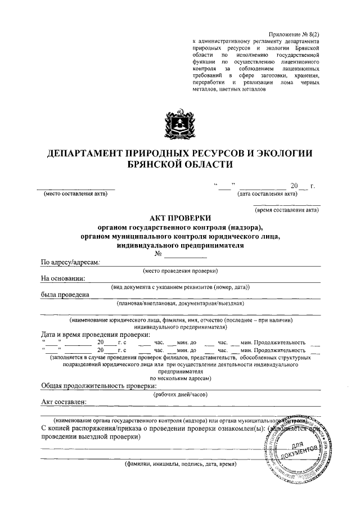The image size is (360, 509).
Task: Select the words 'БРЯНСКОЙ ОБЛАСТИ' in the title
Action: tap(180, 164)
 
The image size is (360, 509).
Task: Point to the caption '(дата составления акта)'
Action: tap(268, 195)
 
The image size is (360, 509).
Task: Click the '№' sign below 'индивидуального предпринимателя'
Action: tap(166, 254)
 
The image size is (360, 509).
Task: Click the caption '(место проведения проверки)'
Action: tap(180, 271)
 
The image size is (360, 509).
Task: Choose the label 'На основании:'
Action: tap(63, 278)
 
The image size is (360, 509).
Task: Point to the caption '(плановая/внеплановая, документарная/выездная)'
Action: tap(180, 304)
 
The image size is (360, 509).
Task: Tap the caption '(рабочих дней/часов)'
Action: tap(180, 394)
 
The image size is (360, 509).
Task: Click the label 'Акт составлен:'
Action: tap(64, 402)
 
